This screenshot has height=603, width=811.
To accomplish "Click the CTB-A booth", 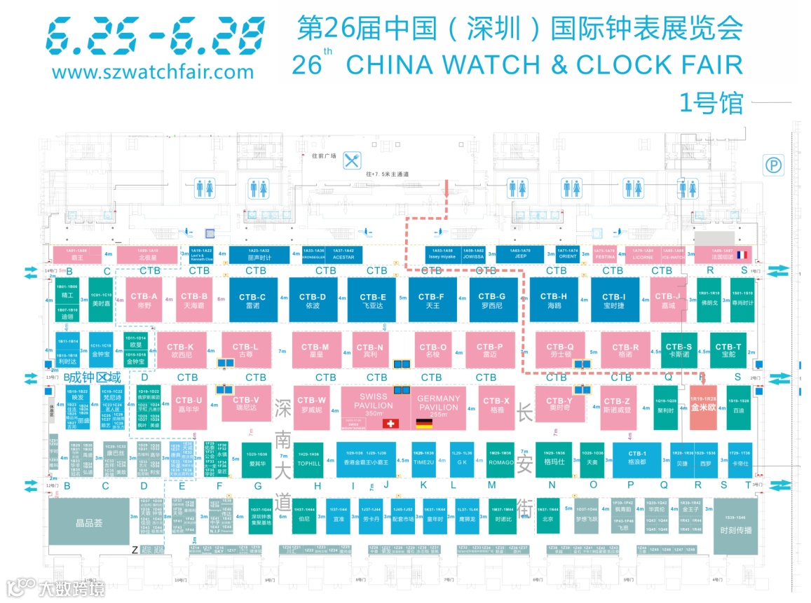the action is click(144, 300).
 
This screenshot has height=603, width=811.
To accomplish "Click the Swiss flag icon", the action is click(392, 423).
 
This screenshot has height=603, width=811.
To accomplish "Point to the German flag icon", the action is click(424, 423).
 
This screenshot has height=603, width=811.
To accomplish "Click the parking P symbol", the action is click(774, 166).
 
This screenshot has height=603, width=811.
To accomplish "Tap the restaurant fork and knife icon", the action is click(352, 160).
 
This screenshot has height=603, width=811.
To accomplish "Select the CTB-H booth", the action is click(553, 300).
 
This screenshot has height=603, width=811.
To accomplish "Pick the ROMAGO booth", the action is click(501, 459).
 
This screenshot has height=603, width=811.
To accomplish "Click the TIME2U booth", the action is click(423, 459).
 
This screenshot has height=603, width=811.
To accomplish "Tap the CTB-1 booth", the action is click(636, 458).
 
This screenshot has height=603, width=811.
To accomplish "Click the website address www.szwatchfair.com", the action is click(153, 72).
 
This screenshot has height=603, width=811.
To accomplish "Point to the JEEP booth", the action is click(520, 254).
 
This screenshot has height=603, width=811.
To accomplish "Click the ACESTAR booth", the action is click(343, 254).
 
